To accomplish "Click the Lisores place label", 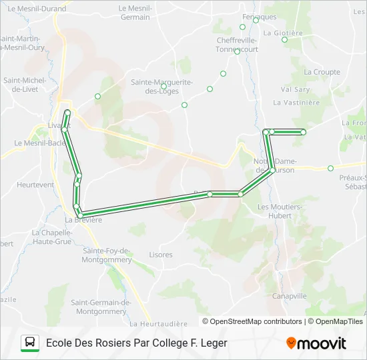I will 161,255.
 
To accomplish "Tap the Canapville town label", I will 290,295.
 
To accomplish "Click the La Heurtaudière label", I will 158,323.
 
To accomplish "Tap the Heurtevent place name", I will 35,185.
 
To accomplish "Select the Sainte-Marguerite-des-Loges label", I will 161,86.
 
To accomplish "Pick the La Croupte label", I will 322,71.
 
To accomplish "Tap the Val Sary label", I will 296,89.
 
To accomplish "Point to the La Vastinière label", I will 297,103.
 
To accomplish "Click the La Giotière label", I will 284,32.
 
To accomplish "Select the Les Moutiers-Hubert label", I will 280,211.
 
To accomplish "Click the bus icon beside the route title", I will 30,343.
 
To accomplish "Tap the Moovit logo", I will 316,343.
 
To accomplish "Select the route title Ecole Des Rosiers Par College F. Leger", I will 137,343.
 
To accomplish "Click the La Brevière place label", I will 83,220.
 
